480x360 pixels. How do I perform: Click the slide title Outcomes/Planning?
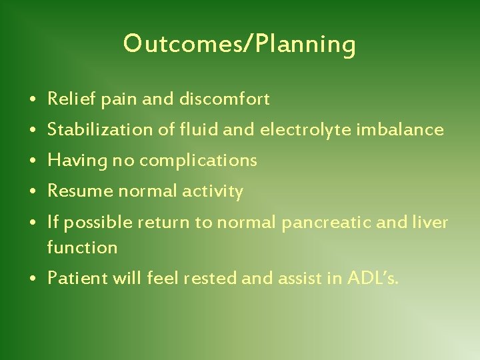pyautogui.click(x=239, y=45)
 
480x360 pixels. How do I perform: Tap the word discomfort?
pyautogui.click(x=224, y=99)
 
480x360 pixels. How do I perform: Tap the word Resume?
pyautogui.click(x=73, y=191)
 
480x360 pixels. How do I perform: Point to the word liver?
pyautogui.click(x=431, y=222)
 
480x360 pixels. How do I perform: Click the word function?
pyautogui.click(x=82, y=247)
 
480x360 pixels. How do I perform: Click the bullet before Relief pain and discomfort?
pyautogui.click(x=33, y=100)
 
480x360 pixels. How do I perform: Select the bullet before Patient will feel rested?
pyautogui.click(x=33, y=279)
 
